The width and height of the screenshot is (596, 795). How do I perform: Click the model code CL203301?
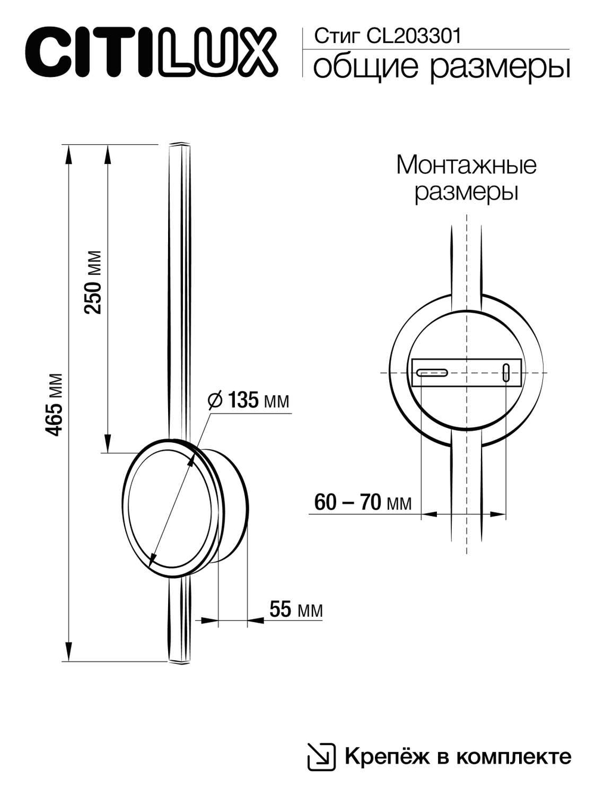[414, 37]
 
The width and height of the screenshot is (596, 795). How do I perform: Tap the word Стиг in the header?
[337, 37]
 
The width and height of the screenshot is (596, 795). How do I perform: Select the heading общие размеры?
[441, 67]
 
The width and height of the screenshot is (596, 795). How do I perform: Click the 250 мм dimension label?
[93, 282]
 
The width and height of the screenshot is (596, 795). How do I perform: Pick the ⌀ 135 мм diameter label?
[249, 400]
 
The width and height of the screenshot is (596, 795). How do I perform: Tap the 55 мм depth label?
[296, 609]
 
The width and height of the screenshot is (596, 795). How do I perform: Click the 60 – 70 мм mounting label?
[362, 502]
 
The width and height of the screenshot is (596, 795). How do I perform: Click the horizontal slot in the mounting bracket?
[432, 373]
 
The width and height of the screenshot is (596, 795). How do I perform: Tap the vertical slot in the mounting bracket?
[506, 372]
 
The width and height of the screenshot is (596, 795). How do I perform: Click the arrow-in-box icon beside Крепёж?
[321, 757]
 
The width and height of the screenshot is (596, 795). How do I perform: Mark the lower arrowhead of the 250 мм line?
[107, 445]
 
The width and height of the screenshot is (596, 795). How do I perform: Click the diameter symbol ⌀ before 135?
[215, 400]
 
